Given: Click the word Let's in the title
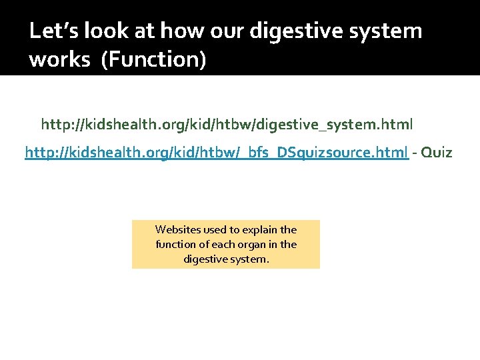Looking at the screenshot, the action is point(53,31).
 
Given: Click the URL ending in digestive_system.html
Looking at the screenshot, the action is point(227,125).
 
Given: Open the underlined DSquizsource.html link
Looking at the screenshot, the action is point(217,153).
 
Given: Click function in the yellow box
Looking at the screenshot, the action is point(175,245).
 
